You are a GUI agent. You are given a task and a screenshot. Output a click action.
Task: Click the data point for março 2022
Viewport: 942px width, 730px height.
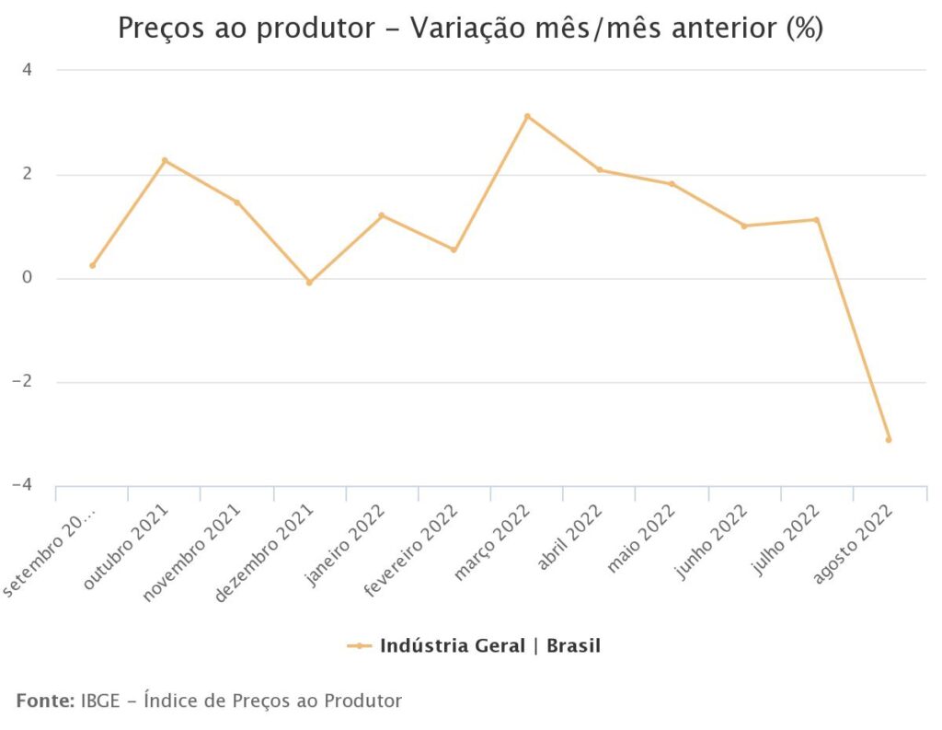(527, 117)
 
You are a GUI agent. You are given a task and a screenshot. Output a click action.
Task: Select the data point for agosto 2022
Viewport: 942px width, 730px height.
(889, 440)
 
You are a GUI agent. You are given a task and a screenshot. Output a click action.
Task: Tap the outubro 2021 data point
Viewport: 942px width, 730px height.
(165, 160)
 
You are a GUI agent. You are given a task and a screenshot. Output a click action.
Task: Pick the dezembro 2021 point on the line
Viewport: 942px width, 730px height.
(309, 283)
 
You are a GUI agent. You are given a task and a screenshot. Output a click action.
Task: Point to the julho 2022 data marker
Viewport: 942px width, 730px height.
(816, 220)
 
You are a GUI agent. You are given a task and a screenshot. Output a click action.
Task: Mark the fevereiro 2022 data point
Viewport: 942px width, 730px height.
(454, 250)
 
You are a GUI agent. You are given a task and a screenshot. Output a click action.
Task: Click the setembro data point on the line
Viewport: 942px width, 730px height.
(92, 266)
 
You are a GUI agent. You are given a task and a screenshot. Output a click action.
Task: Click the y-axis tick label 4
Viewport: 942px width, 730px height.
(27, 70)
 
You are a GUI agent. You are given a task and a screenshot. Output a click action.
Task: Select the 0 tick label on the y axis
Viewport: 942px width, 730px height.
(27, 278)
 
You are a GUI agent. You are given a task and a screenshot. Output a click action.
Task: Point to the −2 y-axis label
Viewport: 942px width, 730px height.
(22, 382)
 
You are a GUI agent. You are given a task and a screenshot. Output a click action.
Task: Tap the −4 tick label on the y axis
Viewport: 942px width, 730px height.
(22, 485)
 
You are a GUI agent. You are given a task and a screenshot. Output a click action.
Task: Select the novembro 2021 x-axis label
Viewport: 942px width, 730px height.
(191, 554)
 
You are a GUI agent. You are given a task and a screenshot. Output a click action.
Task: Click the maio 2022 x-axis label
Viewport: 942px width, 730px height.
(642, 539)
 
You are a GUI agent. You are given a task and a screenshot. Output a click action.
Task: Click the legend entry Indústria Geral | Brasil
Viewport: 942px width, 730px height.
(489, 645)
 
